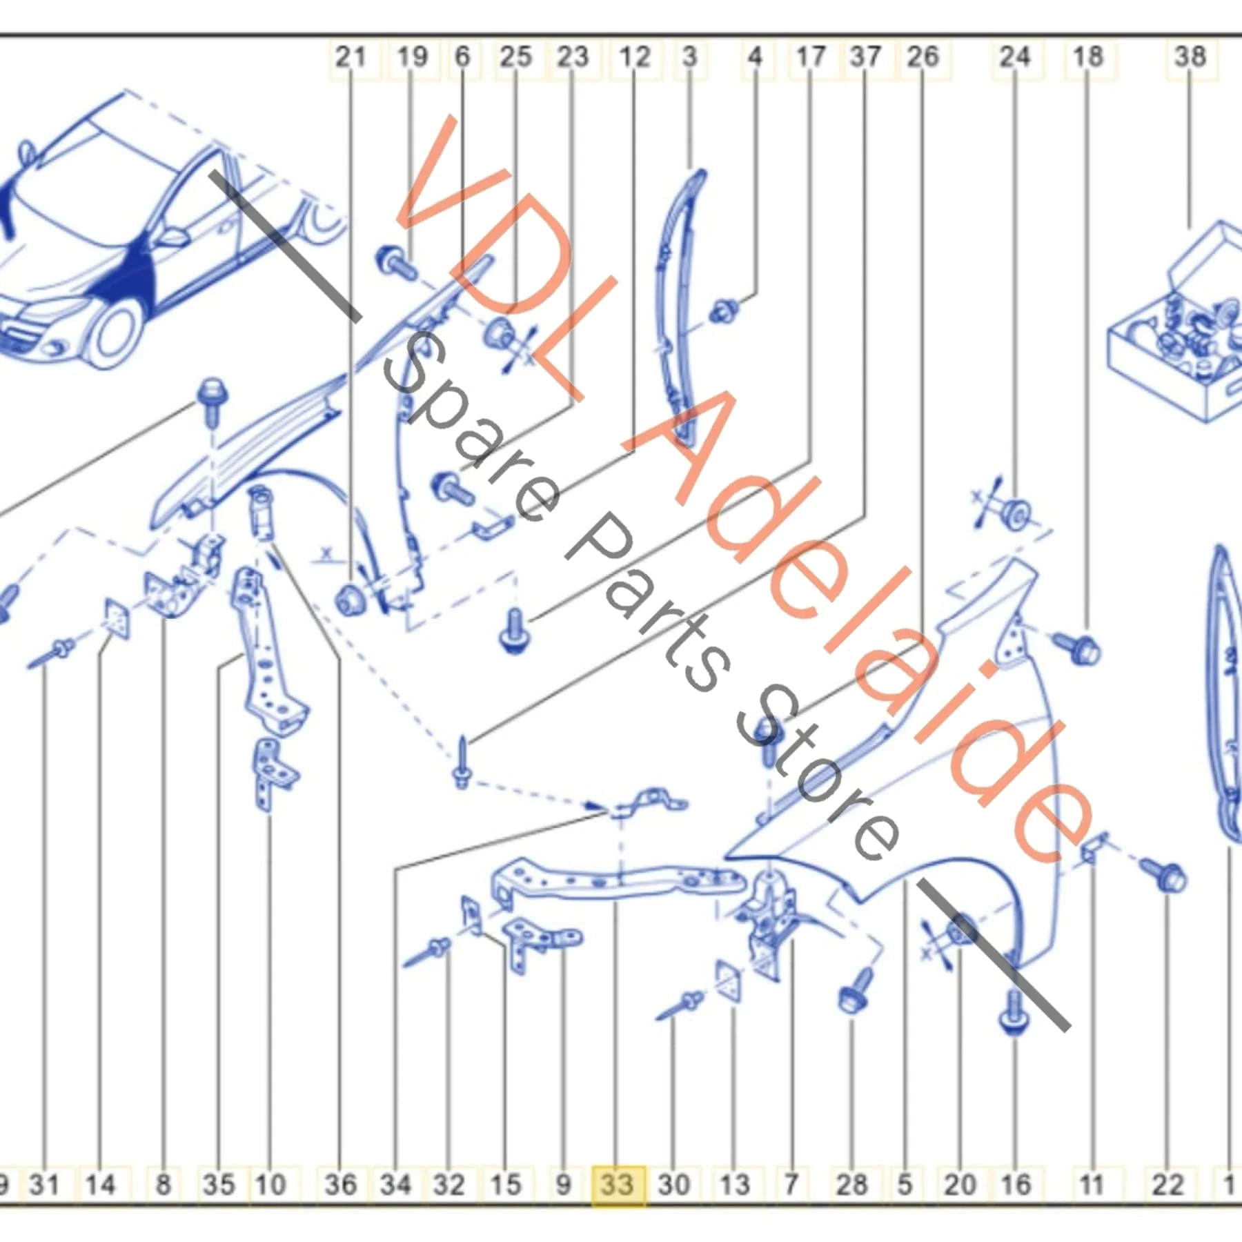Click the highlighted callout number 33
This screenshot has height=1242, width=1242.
click(x=617, y=1185)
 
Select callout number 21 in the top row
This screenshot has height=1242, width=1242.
click(x=351, y=57)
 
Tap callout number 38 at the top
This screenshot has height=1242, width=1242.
click(x=1190, y=57)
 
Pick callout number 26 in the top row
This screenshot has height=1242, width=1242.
click(x=923, y=57)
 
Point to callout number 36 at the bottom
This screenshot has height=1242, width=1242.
click(x=341, y=1185)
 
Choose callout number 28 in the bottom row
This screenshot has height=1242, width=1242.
click(x=851, y=1185)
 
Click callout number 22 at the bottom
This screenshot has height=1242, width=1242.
click(x=1167, y=1185)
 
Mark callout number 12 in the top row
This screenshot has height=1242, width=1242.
click(x=635, y=57)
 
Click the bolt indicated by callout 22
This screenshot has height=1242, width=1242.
click(x=1165, y=875)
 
